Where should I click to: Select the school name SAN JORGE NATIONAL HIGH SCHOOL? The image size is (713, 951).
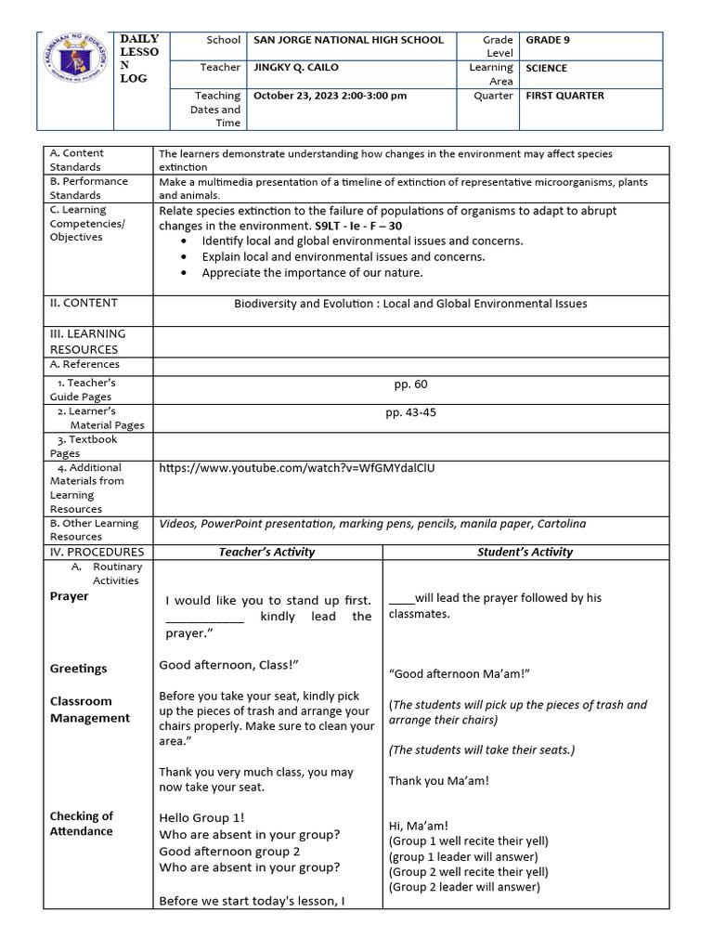pos(348,40)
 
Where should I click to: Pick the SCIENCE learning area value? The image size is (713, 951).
pos(547,68)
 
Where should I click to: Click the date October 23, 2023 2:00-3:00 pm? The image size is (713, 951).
pos(330,96)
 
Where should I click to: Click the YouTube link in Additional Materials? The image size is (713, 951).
pos(297,468)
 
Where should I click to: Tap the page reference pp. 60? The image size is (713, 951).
pos(410,384)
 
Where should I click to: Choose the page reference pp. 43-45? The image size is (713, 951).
pos(410,412)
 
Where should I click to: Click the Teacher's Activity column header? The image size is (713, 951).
pos(266,552)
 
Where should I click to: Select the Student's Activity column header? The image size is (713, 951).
pos(525,552)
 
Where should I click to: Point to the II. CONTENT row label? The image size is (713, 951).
pos(84,303)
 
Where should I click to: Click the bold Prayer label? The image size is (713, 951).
pos(69,596)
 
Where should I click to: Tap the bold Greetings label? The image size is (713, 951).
pos(78,669)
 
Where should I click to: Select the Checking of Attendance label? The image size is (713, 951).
pos(82,824)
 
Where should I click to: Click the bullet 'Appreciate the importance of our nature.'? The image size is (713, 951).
pos(312,272)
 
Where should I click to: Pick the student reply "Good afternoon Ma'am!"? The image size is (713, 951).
pos(459,673)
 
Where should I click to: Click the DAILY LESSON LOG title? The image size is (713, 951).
pos(139,59)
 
